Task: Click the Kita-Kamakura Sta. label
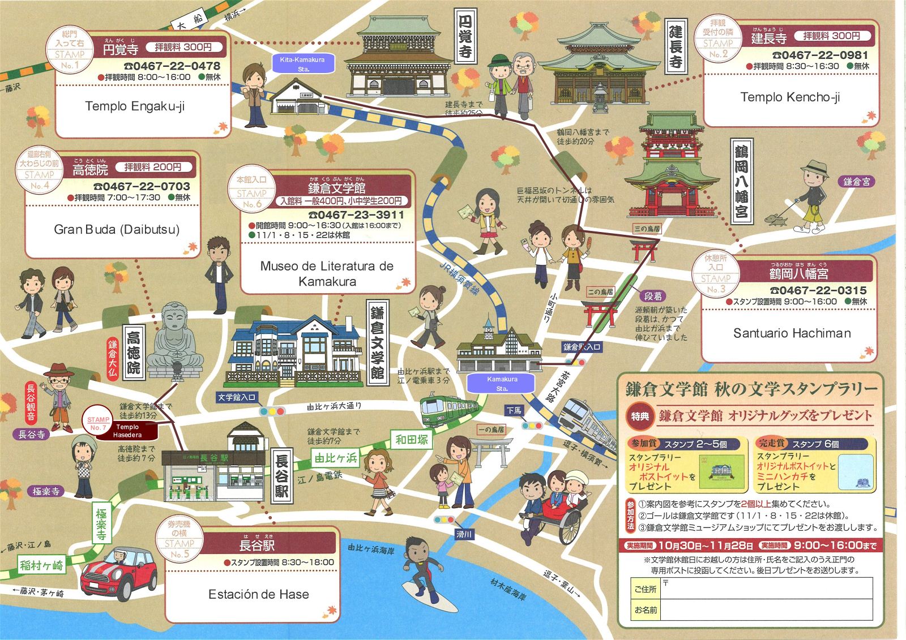(x=302, y=63)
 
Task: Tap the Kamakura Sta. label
(x=502, y=384)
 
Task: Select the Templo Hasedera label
(x=127, y=431)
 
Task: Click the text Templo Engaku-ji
(x=135, y=106)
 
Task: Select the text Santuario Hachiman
(x=792, y=333)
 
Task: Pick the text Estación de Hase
(x=258, y=594)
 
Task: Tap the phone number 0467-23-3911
(x=356, y=215)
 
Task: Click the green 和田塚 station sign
(x=412, y=439)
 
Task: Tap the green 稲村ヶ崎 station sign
(x=42, y=564)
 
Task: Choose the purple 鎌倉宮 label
(x=856, y=182)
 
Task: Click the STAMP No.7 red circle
(x=98, y=423)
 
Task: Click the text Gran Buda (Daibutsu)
(x=117, y=229)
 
